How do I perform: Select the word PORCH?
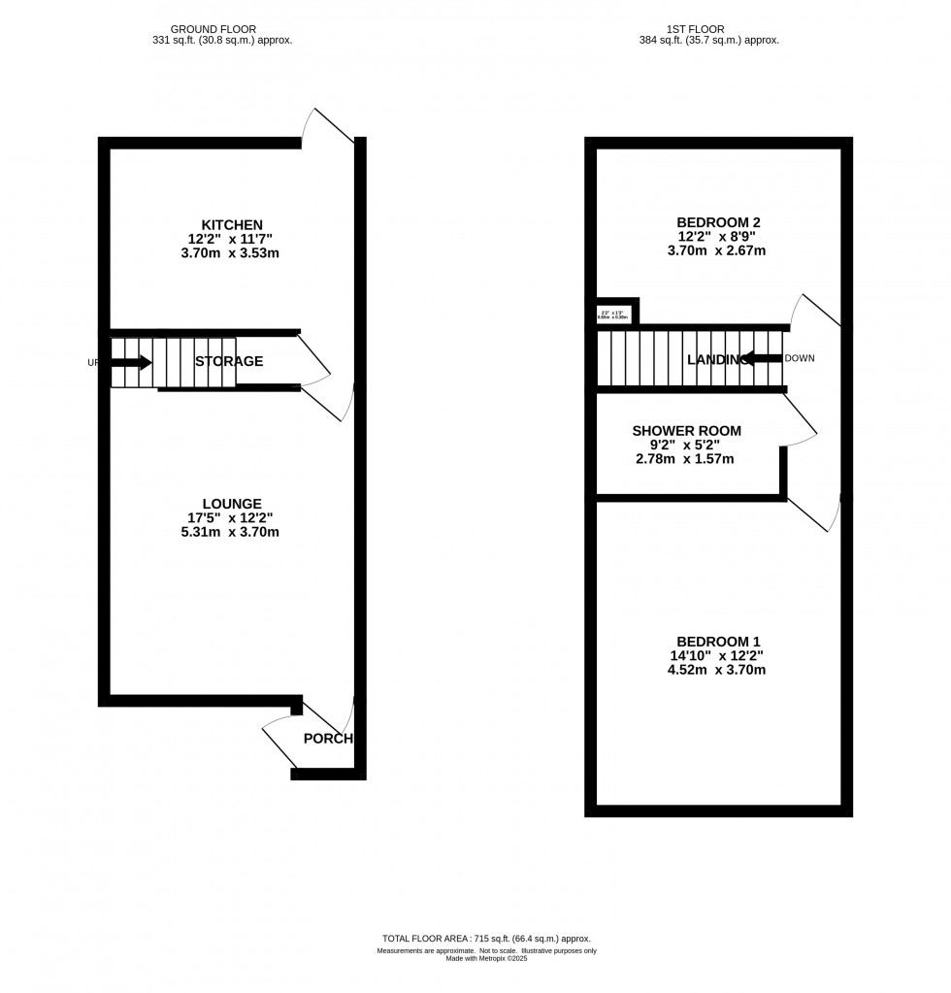pyautogui.click(x=327, y=739)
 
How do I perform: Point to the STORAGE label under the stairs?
pyautogui.click(x=229, y=362)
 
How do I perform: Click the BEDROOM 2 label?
pyautogui.click(x=718, y=222)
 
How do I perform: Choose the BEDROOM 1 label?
pyautogui.click(x=718, y=642)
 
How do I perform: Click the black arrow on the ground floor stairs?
pyautogui.click(x=131, y=363)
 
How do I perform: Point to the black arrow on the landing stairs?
pyautogui.click(x=764, y=359)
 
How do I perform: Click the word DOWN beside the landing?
pyautogui.click(x=800, y=358)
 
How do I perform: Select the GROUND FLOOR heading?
pyautogui.click(x=213, y=29)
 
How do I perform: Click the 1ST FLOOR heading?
pyautogui.click(x=696, y=29)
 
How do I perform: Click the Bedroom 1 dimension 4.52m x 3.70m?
pyautogui.click(x=718, y=670)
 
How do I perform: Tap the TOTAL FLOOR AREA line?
pyautogui.click(x=486, y=939)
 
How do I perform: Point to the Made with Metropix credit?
pyautogui.click(x=486, y=959)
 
